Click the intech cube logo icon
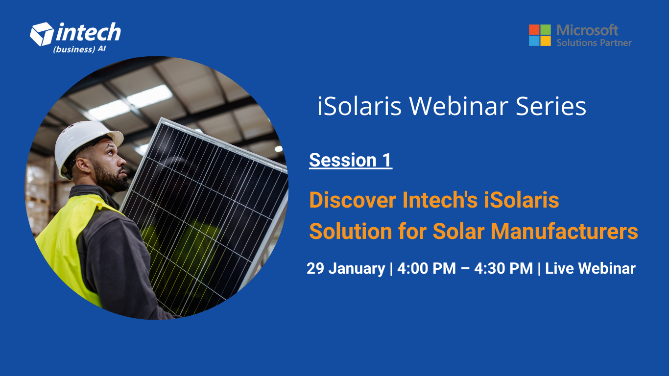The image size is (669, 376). click(42, 33)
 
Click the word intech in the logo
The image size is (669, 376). click(88, 33)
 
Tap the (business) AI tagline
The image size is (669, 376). click(79, 49)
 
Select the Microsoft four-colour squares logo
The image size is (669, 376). click(540, 35)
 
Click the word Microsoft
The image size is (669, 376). click(587, 30)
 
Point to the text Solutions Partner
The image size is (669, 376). click(594, 43)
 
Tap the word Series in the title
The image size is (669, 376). click(551, 106)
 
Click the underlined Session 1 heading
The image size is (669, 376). click(350, 160)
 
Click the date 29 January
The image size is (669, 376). click(346, 268)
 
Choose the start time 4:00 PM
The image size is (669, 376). click(426, 268)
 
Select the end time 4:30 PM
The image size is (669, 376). click(503, 268)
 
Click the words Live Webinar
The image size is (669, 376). click(590, 268)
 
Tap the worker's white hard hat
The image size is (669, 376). click(83, 142)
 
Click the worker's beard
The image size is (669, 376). click(110, 179)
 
